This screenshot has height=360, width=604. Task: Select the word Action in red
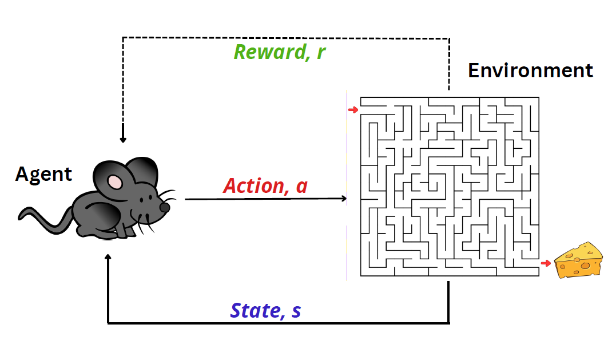[256, 185]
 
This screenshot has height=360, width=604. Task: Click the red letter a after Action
[301, 187]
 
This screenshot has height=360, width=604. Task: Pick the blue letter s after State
[295, 311]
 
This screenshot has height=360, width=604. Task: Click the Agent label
[43, 174]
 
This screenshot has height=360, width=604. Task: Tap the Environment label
[530, 70]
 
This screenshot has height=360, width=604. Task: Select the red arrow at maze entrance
[353, 109]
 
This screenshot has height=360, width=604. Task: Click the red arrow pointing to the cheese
[546, 263]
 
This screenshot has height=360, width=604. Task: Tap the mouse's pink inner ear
[116, 181]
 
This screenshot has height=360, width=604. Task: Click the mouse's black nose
[165, 207]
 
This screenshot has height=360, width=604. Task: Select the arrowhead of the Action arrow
[344, 199]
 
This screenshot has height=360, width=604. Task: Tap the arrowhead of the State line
[108, 258]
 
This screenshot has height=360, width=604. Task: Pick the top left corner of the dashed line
[122, 38]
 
